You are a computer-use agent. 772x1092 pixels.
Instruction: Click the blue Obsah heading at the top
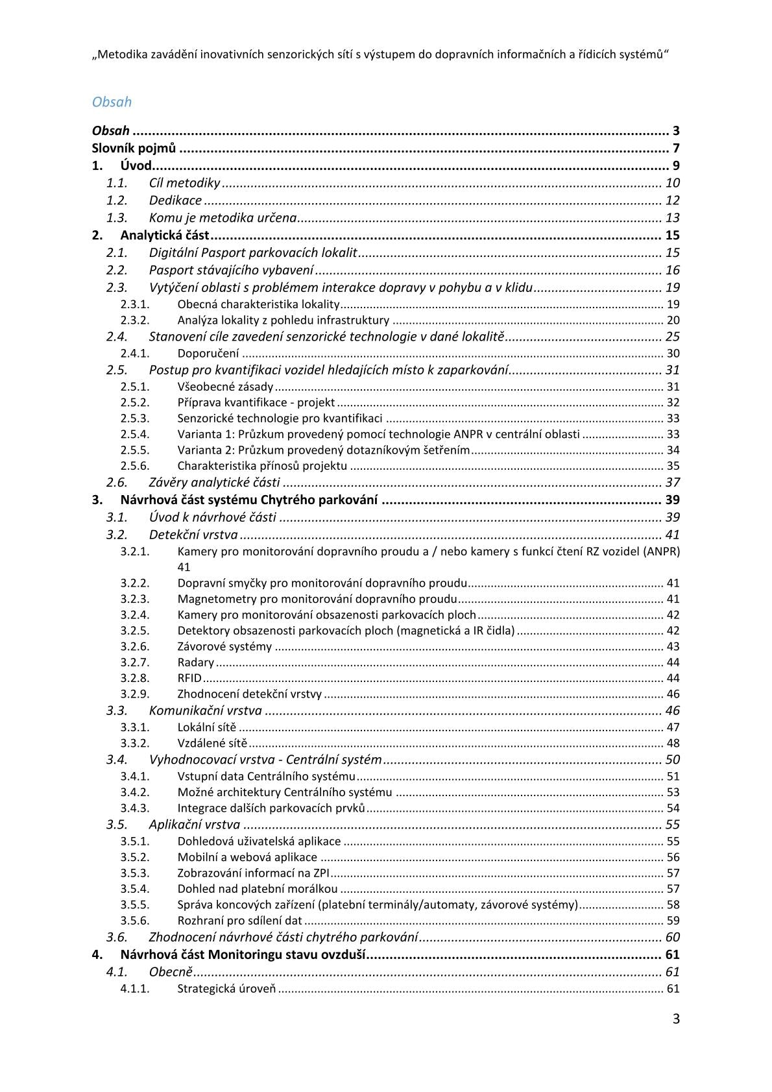[x=112, y=102]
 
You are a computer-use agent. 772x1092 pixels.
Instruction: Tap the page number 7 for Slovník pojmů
[x=675, y=148]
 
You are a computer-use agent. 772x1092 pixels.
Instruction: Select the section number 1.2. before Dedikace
[x=117, y=200]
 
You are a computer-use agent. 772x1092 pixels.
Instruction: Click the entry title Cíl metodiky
[x=184, y=183]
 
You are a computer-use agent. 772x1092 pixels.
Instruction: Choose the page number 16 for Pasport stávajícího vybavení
[x=672, y=271]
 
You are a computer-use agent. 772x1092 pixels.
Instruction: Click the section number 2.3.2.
[x=135, y=320]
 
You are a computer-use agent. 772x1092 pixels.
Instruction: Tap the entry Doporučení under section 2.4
[x=208, y=354]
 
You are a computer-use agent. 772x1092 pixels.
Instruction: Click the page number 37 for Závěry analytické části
[x=672, y=482]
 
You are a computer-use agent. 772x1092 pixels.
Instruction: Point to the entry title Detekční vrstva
[x=193, y=535]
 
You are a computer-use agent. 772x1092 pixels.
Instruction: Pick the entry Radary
[x=195, y=662]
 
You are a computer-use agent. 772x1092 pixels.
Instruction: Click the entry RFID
[x=189, y=679]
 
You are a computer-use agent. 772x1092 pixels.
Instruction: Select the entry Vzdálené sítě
[x=212, y=744]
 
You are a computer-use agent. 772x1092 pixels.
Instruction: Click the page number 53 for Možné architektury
[x=673, y=792]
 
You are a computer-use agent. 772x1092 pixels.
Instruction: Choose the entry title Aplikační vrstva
[x=194, y=825]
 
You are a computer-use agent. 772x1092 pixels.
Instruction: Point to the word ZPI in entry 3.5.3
[x=321, y=873]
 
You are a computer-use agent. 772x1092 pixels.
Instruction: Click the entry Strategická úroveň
[x=226, y=989]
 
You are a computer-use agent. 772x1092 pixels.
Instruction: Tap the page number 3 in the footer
[x=676, y=1019]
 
